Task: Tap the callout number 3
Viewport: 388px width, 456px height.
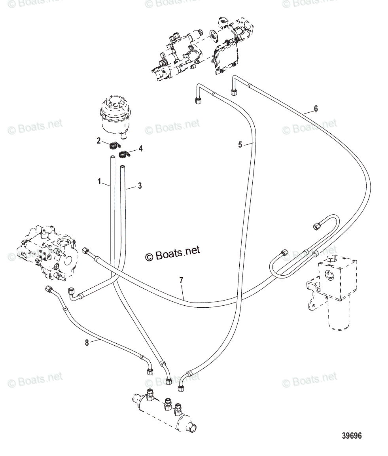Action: click(140, 185)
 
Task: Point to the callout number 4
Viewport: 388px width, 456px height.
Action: click(140, 149)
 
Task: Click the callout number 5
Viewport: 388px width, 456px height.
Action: click(240, 145)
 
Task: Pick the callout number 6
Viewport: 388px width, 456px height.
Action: click(315, 108)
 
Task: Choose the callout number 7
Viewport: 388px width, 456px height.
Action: click(181, 280)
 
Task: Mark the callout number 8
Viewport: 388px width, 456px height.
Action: click(87, 343)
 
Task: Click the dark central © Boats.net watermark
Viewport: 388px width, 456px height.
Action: click(173, 253)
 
